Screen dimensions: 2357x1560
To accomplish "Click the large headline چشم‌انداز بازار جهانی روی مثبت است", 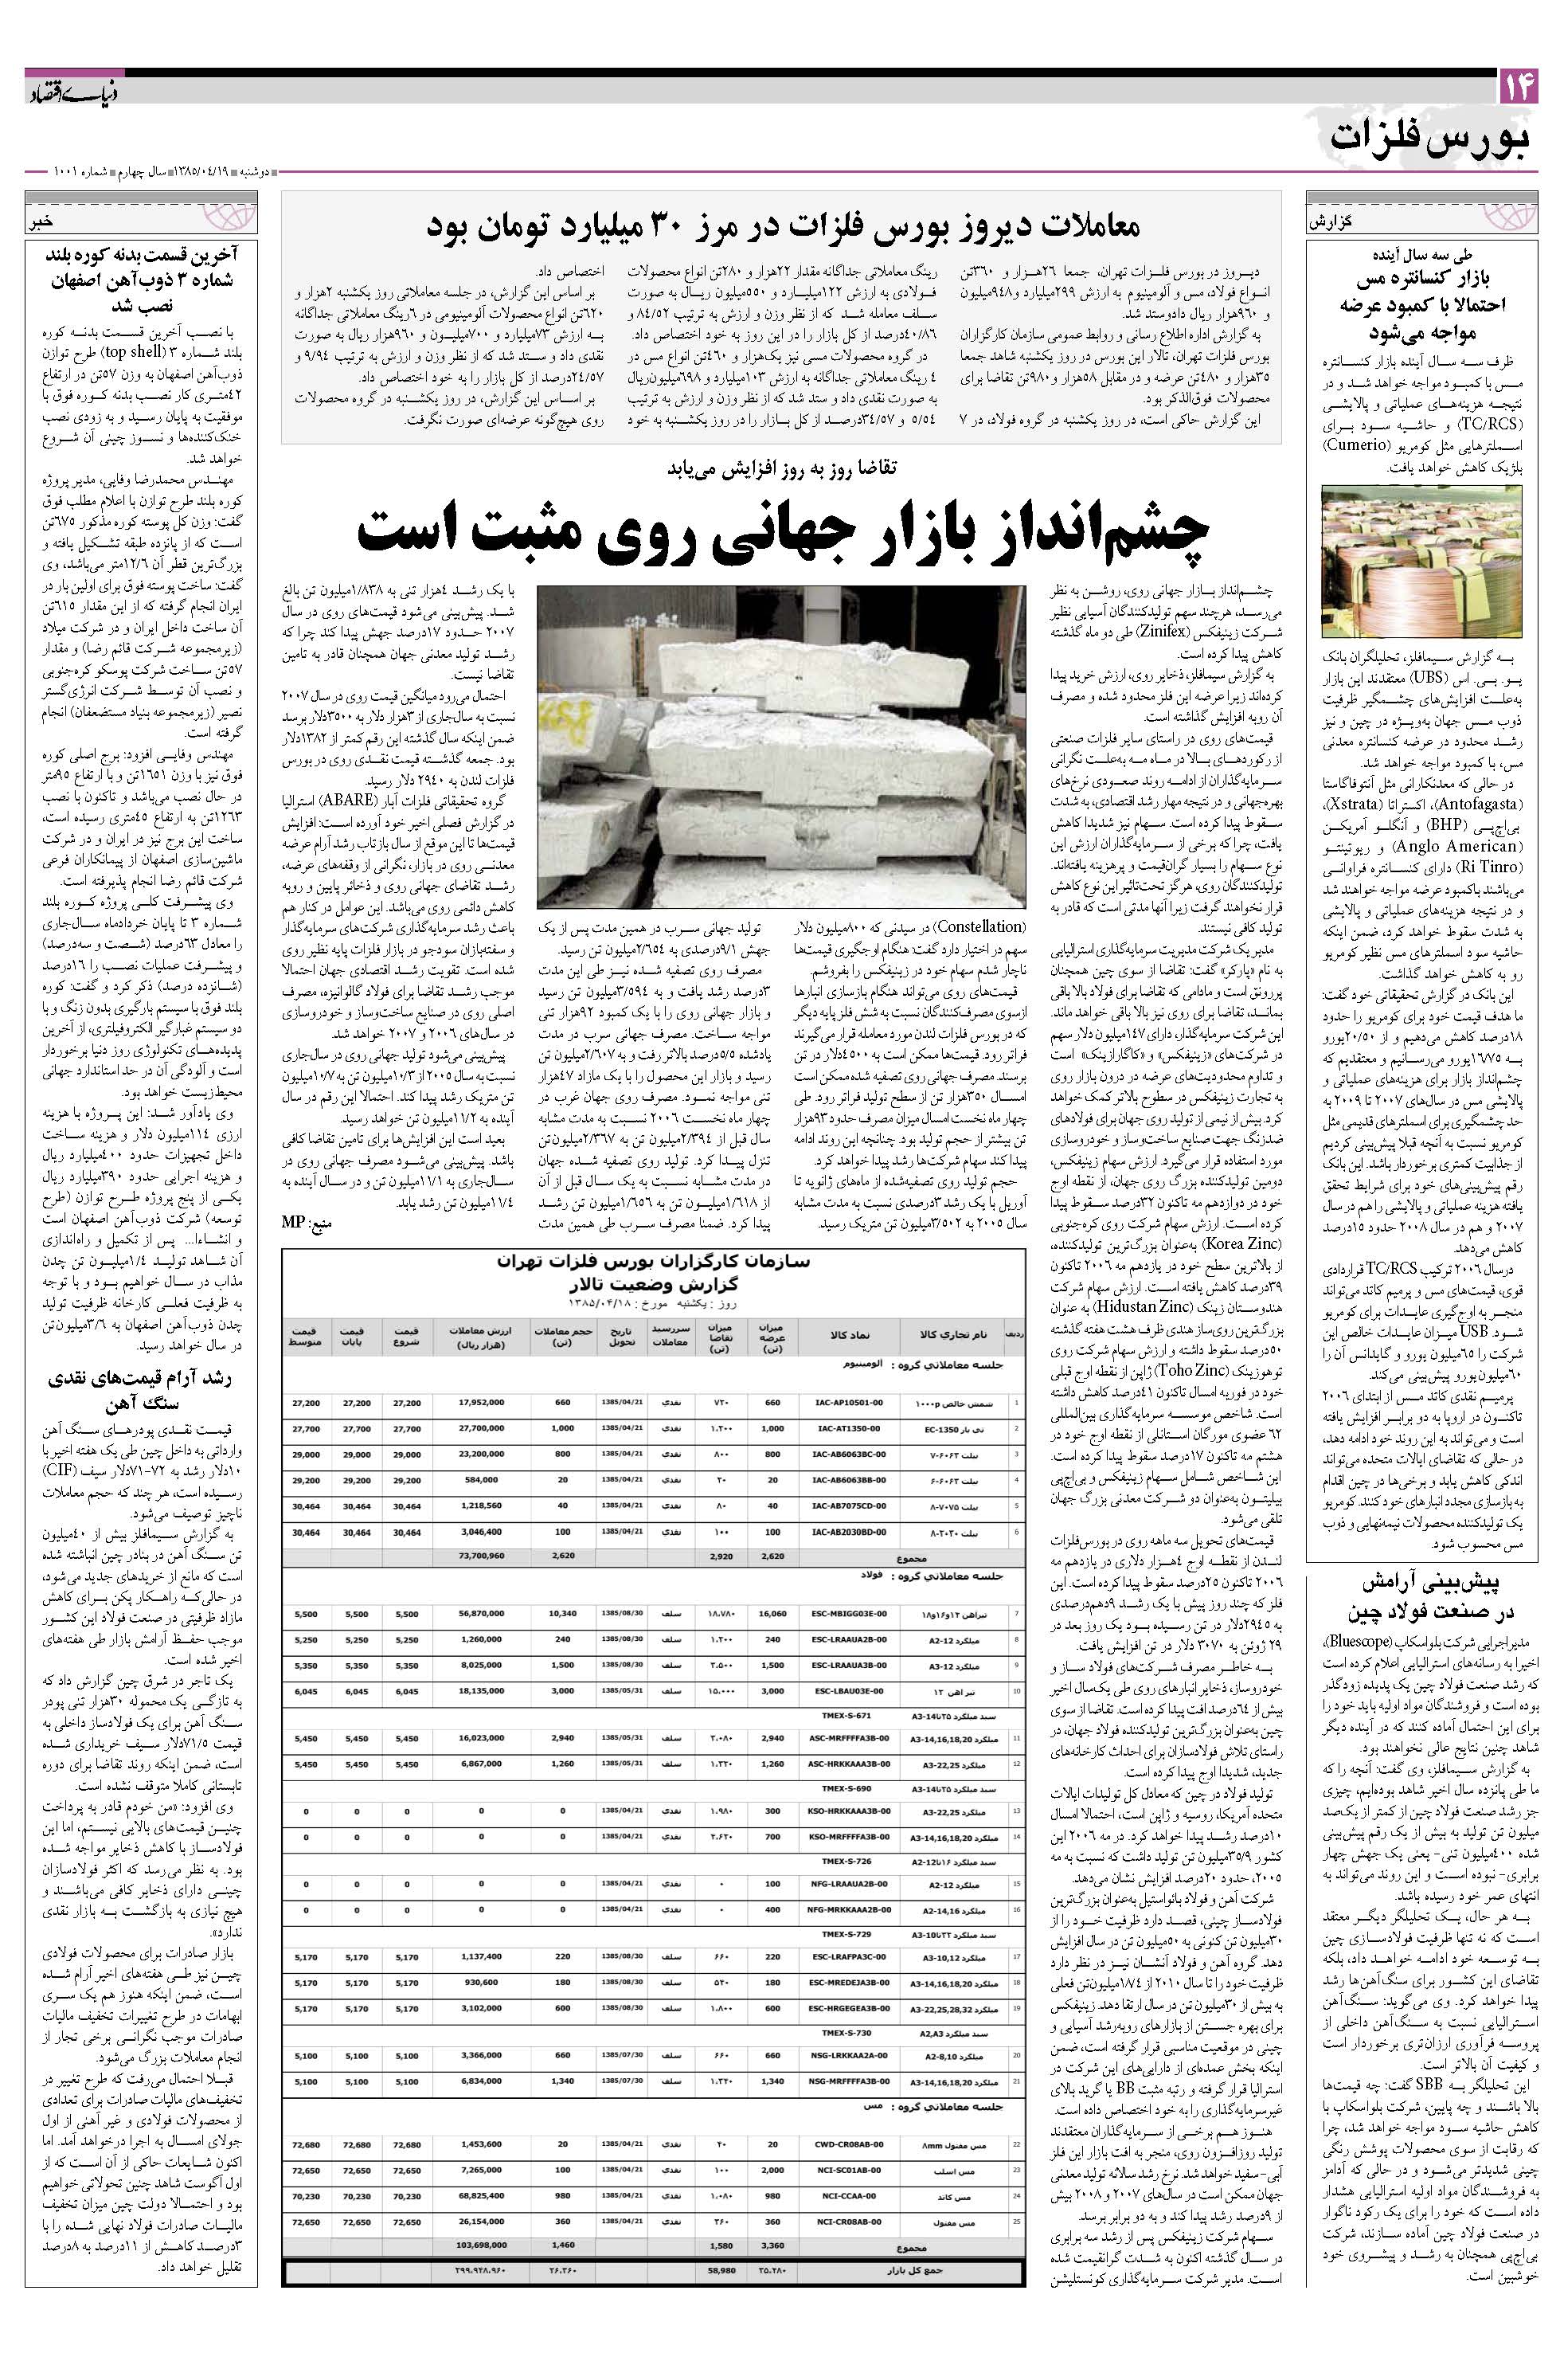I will click(x=782, y=531).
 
